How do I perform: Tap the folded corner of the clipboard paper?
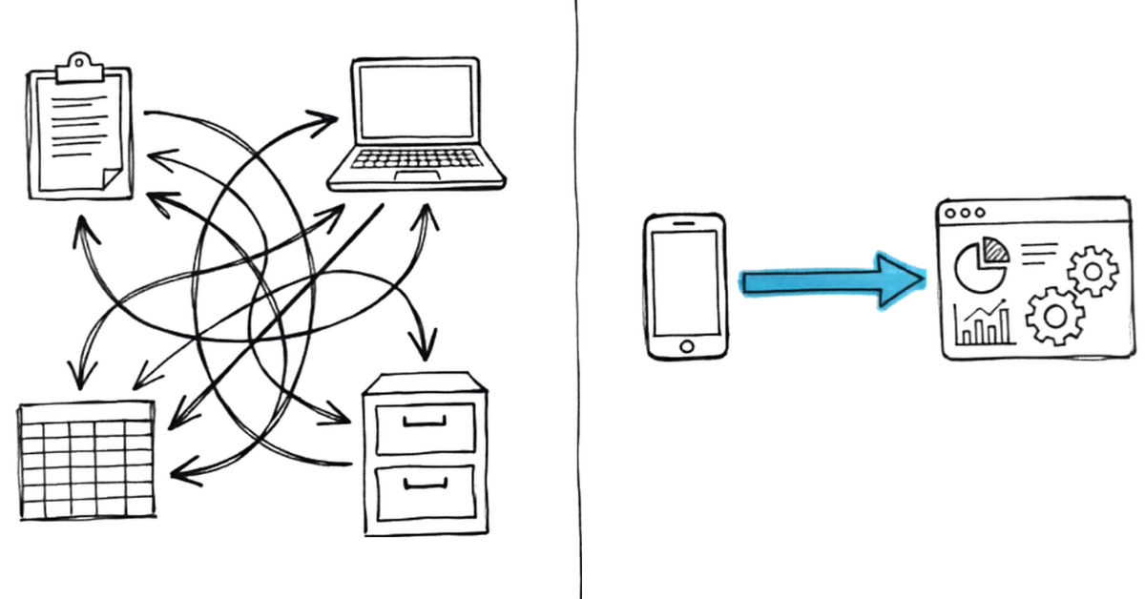pyautogui.click(x=109, y=175)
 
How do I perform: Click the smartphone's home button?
pyautogui.click(x=684, y=345)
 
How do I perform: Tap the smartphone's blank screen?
pyautogui.click(x=684, y=282)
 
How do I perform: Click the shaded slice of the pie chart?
pyautogui.click(x=997, y=250)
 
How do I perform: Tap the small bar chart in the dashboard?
pyautogui.click(x=984, y=323)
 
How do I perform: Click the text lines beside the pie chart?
pyautogui.click(x=1039, y=252)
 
